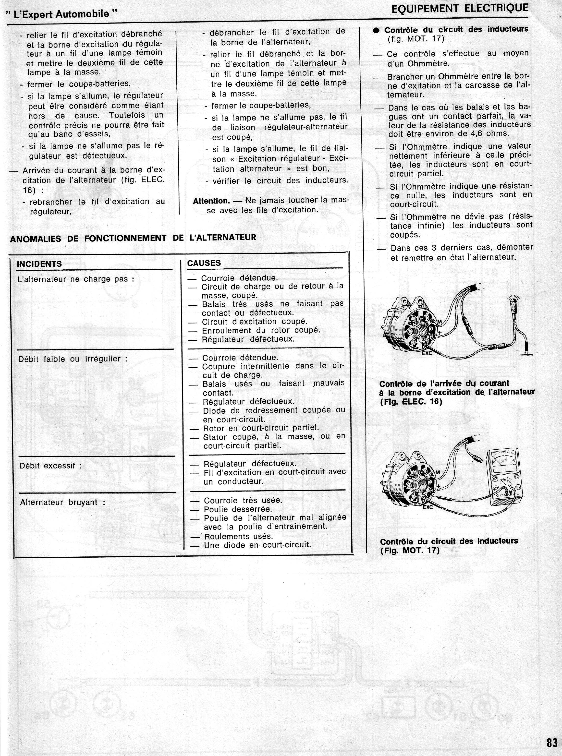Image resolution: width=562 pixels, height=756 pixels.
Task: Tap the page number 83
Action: coord(552,742)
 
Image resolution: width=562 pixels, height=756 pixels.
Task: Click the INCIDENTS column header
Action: coord(39,264)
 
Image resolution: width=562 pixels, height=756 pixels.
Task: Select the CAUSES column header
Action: coord(204,263)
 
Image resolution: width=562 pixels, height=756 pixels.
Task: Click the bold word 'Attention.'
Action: coord(211,201)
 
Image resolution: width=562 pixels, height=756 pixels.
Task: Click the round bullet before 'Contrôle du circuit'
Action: coord(376,30)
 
